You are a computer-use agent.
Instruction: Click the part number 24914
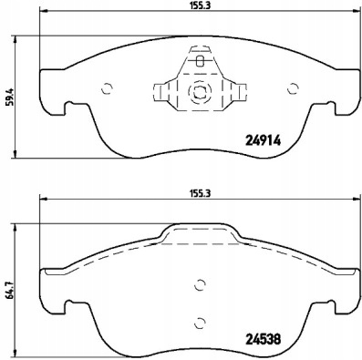pos(263,140)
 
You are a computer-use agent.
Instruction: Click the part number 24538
pos(263,339)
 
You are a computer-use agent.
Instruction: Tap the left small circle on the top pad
pos(108,88)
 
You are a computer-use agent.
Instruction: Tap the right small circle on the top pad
pos(293,88)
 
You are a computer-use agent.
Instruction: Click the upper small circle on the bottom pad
pos(200,285)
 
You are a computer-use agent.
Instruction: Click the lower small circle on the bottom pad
pos(200,323)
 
